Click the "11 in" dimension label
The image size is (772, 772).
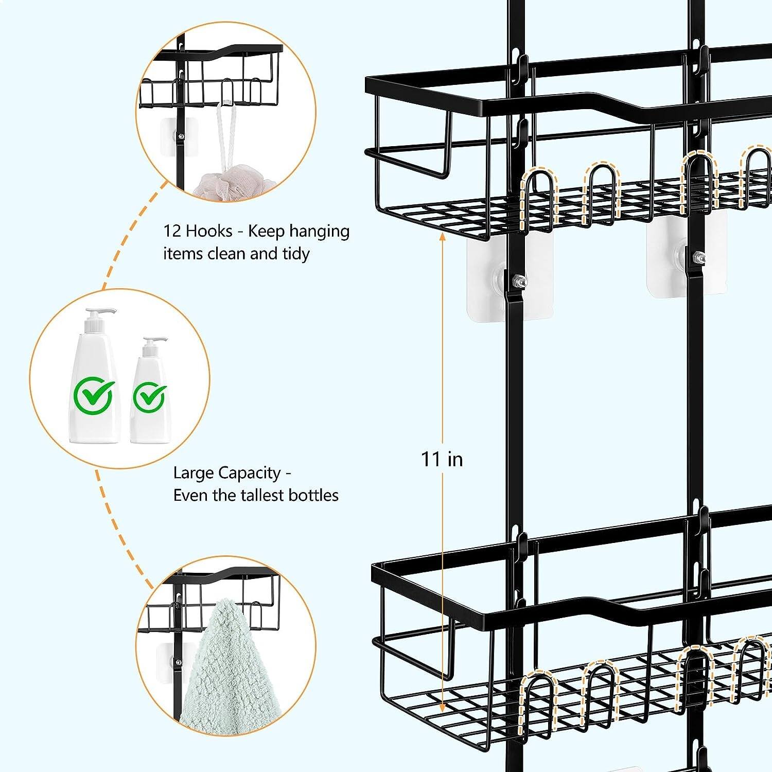[x=442, y=459]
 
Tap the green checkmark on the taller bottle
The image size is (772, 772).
[x=93, y=395]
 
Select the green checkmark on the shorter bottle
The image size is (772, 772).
[x=150, y=397]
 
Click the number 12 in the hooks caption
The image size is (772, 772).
[x=172, y=231]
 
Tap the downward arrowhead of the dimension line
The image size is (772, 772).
[x=442, y=710]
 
